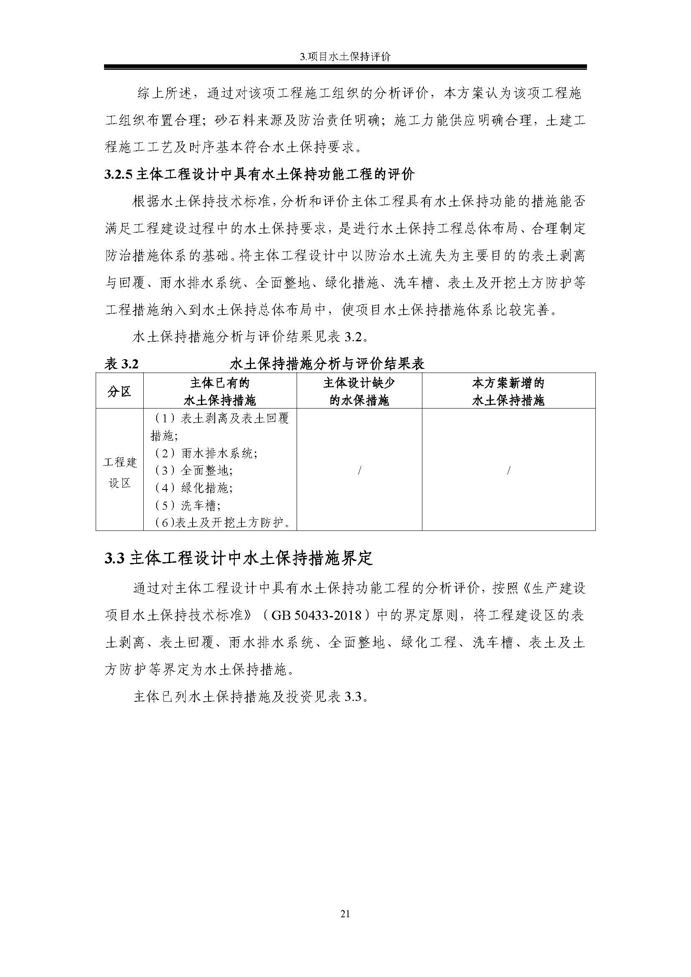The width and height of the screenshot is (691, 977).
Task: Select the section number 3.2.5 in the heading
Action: [x=119, y=175]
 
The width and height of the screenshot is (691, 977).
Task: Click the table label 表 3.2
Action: [x=122, y=364]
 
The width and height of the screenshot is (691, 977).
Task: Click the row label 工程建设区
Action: [x=119, y=472]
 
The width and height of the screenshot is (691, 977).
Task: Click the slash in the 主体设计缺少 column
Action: [x=360, y=470]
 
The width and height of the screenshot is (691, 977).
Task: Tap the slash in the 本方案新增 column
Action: [x=508, y=470]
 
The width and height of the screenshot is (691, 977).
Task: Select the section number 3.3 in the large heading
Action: [x=114, y=558]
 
